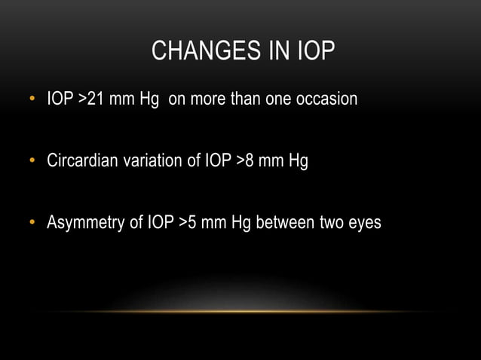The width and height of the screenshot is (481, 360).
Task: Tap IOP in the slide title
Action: pyautogui.click(x=311, y=52)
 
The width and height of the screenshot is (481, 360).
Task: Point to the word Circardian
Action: pyautogui.click(x=82, y=160)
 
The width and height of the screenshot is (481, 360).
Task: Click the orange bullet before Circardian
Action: pyautogui.click(x=32, y=161)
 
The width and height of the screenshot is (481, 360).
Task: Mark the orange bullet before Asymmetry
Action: pyautogui.click(x=32, y=224)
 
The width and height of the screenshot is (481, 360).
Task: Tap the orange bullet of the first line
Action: pyautogui.click(x=32, y=99)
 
